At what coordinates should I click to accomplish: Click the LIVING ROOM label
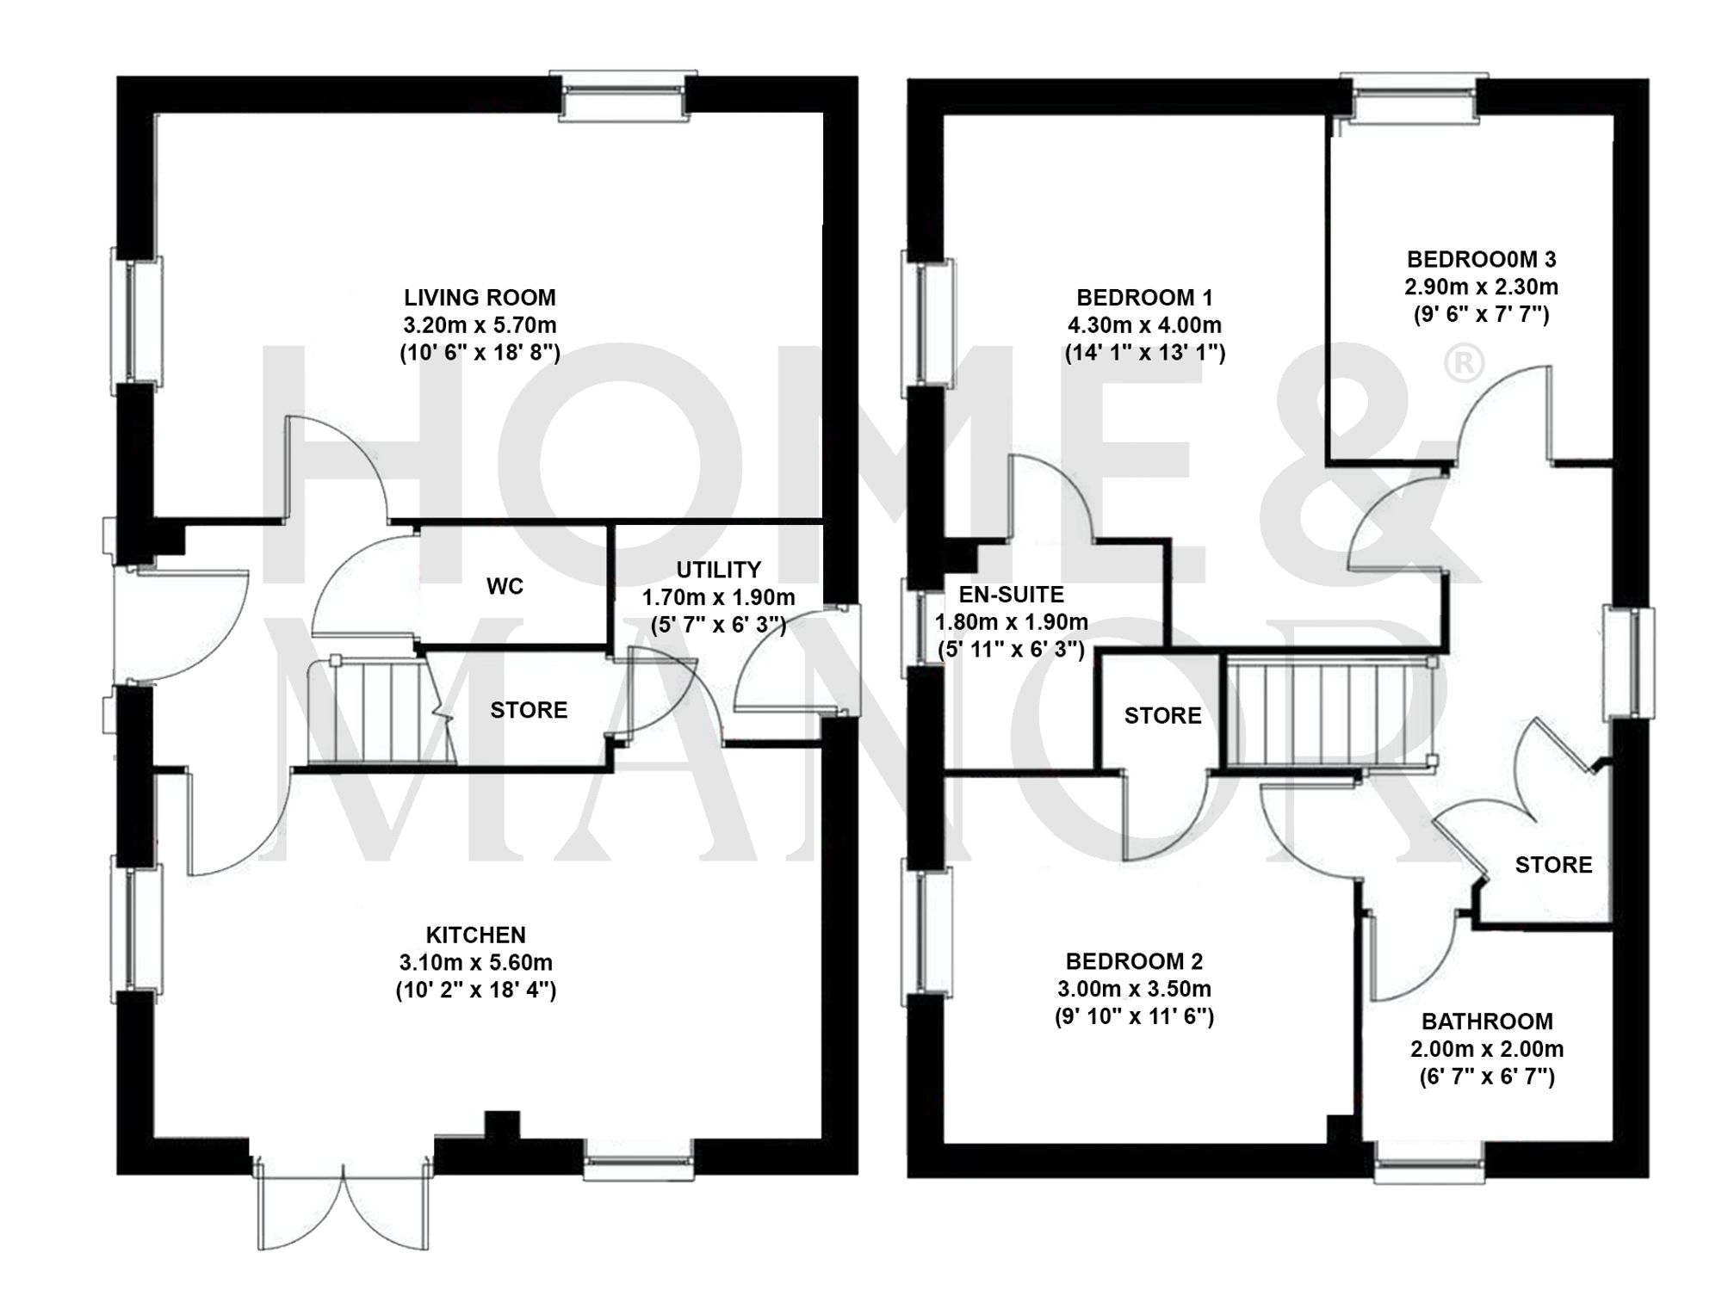click(x=480, y=298)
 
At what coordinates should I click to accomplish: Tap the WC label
click(x=505, y=586)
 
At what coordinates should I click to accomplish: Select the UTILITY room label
click(x=718, y=570)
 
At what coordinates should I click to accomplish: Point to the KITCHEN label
click(x=475, y=935)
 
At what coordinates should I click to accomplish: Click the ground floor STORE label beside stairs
click(x=529, y=710)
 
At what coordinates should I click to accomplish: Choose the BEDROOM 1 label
click(x=1144, y=298)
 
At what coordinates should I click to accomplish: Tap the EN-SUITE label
click(x=1011, y=594)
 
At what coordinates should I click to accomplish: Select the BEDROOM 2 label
click(x=1134, y=961)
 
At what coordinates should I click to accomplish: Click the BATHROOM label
click(x=1487, y=1022)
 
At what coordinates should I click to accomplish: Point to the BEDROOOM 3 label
click(x=1481, y=259)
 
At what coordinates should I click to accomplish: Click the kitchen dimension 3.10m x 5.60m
click(x=475, y=962)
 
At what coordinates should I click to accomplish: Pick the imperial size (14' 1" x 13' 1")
click(x=1144, y=353)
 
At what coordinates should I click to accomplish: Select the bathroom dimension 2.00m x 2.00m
click(x=1487, y=1049)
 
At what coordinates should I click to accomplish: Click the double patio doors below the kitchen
click(x=343, y=1205)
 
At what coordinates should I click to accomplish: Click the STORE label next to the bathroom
click(x=1553, y=865)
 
